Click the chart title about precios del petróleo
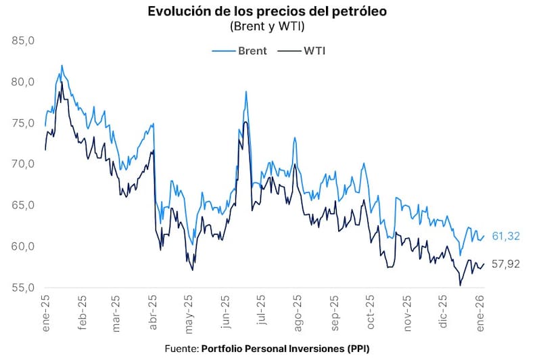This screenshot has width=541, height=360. [x=270, y=12]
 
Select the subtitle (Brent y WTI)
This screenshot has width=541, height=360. [x=270, y=26]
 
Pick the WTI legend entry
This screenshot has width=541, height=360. [x=304, y=51]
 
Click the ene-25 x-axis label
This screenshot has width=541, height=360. [x=45, y=311]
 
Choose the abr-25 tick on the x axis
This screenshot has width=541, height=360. [x=154, y=311]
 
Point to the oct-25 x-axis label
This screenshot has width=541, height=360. [x=370, y=311]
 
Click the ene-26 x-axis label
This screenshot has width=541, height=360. [x=481, y=311]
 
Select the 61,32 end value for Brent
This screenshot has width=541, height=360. [x=507, y=236]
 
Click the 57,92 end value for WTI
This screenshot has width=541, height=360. [x=507, y=264]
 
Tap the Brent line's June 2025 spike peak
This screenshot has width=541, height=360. [x=246, y=91]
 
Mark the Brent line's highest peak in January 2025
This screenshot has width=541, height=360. [x=62, y=66]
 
